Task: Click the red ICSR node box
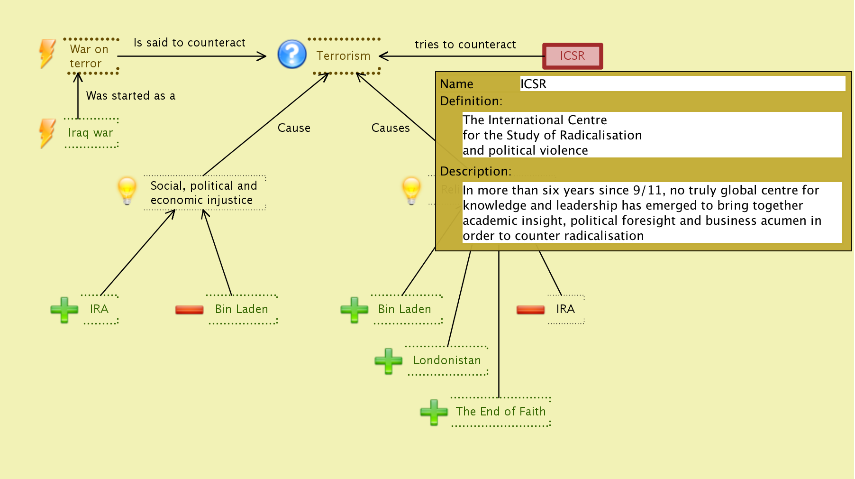(573, 56)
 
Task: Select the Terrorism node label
(343, 56)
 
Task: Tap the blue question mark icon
(291, 54)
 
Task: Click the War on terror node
(89, 56)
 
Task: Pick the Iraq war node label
(91, 133)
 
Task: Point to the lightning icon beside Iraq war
(47, 133)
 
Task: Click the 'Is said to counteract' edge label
(190, 43)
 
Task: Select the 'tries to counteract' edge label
(465, 45)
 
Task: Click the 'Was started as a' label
(131, 96)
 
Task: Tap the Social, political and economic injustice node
(204, 193)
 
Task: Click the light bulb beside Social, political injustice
(127, 191)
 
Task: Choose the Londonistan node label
(447, 360)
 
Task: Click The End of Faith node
(500, 412)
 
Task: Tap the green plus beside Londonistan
(388, 361)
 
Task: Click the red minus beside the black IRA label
(530, 310)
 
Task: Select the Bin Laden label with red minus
(241, 309)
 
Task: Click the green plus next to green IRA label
(64, 310)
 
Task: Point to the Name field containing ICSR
(682, 84)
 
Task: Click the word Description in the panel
(475, 171)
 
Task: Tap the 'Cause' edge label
(294, 128)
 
